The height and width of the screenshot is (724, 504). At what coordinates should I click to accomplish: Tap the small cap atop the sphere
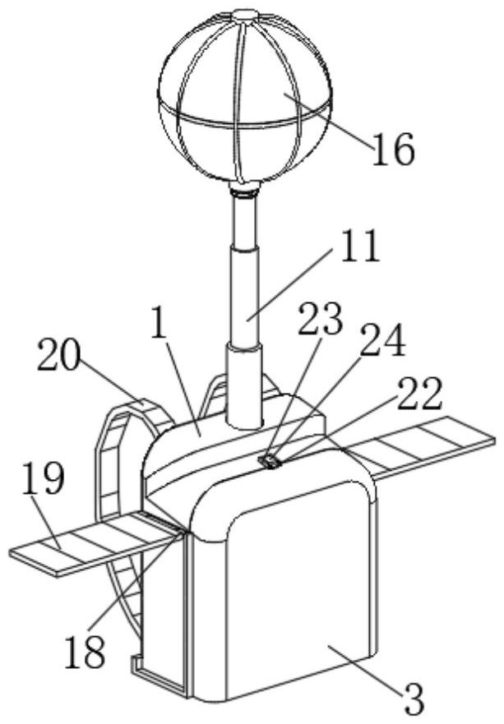point(245,14)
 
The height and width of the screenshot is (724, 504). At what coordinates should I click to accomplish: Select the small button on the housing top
point(269,462)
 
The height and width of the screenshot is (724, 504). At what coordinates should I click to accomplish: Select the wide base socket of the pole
point(244,386)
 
